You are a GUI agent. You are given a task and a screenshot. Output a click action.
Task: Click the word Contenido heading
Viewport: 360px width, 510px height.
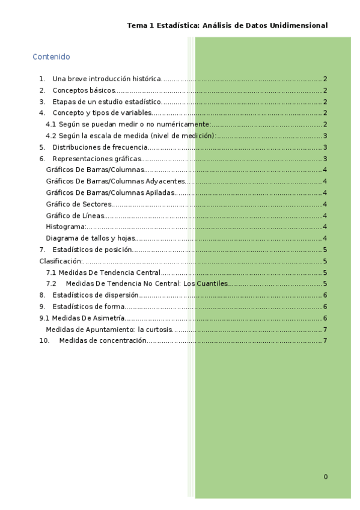click(51, 57)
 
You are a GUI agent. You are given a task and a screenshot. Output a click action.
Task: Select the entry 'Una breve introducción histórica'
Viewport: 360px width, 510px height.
click(106, 79)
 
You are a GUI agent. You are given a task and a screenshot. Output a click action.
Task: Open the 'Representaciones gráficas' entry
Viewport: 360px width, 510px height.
click(96, 159)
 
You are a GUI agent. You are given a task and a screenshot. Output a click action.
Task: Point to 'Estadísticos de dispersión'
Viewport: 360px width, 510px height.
click(96, 295)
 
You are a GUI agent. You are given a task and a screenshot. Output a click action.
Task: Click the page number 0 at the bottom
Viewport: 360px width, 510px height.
click(326, 477)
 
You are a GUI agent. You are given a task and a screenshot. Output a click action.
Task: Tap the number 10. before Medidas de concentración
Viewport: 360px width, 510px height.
click(44, 341)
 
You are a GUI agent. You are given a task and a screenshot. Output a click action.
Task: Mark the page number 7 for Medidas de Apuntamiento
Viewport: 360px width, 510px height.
click(325, 330)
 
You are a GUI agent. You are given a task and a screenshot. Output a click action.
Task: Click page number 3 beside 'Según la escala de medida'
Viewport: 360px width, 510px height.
click(325, 136)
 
